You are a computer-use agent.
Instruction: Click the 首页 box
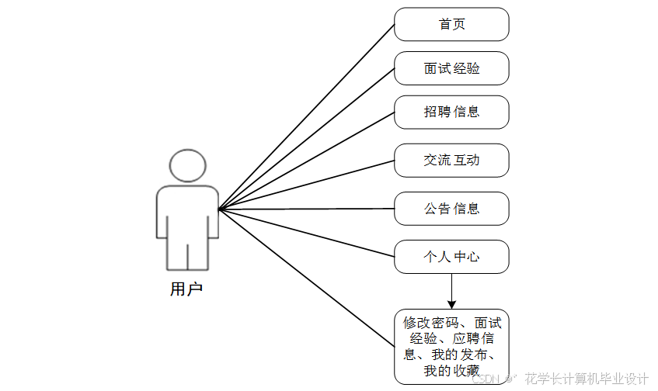pos(451,25)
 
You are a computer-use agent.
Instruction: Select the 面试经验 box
pos(451,68)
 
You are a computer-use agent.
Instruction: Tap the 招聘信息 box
pos(451,112)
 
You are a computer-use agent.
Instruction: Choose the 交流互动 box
pos(451,161)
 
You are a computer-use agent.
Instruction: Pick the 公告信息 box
pos(451,209)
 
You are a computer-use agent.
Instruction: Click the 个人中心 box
pos(451,257)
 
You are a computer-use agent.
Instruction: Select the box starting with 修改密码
pos(451,346)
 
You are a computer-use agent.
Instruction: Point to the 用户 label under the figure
pos(186,289)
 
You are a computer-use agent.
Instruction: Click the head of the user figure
pos(187,165)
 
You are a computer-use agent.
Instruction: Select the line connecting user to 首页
pos(307,116)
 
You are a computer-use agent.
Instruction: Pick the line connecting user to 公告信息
pos(307,209)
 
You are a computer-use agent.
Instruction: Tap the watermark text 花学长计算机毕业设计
pos(587,379)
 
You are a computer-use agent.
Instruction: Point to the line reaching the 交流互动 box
pos(307,185)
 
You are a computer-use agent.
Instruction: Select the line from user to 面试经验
pos(307,139)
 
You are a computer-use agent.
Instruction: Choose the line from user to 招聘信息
pos(307,161)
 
